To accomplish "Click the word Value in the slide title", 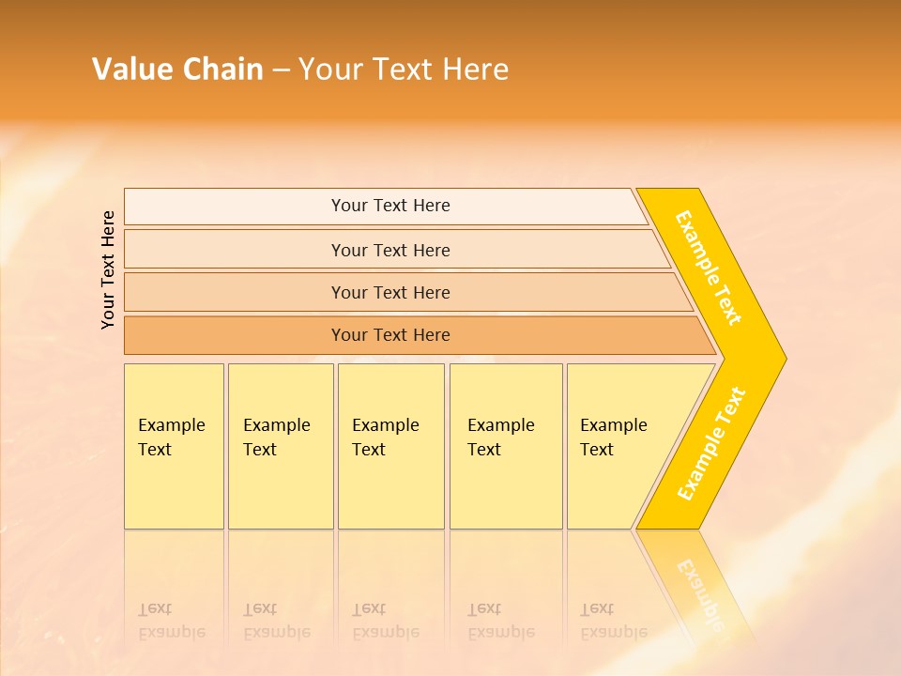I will (x=130, y=69).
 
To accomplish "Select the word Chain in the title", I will (x=223, y=69).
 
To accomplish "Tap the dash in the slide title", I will (x=281, y=70).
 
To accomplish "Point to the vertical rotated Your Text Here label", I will (x=109, y=269).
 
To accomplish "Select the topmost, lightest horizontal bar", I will (x=390, y=206).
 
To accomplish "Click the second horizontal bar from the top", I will (x=390, y=250).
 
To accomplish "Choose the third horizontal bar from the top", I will (x=390, y=292).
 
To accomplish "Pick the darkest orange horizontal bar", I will (x=390, y=335).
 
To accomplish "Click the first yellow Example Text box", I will (x=174, y=446).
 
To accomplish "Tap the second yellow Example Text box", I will (x=281, y=446).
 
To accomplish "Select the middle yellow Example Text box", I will (x=390, y=446).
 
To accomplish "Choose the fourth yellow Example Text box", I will (x=506, y=446).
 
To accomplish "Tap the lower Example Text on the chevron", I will (x=711, y=444).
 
